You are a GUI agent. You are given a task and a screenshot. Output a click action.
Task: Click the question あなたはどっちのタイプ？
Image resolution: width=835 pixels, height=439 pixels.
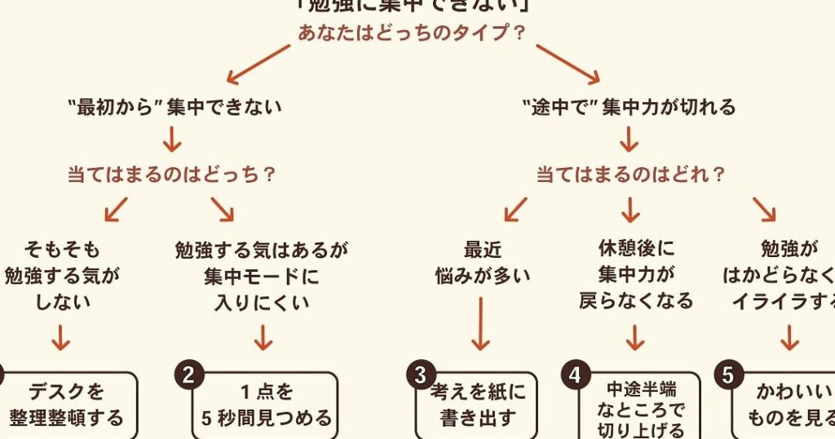(x=411, y=33)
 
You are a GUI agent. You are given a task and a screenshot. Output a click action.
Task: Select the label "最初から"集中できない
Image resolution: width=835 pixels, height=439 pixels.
(x=175, y=106)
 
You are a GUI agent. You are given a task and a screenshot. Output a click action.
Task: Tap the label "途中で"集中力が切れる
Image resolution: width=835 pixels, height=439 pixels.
(x=628, y=106)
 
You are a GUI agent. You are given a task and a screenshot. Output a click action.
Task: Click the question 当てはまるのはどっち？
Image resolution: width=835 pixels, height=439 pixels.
(x=170, y=174)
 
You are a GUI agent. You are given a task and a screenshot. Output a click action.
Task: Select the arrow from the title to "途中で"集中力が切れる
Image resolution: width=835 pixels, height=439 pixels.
(x=568, y=64)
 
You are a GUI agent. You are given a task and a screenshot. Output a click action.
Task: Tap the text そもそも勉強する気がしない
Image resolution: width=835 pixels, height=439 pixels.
(x=62, y=275)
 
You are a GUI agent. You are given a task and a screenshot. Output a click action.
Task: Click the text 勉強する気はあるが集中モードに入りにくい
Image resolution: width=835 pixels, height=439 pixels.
(x=262, y=275)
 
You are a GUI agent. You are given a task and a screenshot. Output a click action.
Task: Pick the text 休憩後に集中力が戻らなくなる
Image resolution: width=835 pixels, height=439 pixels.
(x=636, y=275)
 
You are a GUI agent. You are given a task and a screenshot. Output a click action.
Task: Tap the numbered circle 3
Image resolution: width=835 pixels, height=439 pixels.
(x=421, y=375)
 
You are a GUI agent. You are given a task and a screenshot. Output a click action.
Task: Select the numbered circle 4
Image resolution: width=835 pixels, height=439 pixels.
(x=575, y=375)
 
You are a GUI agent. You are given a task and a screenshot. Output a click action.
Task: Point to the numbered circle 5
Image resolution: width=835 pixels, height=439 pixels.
(x=728, y=375)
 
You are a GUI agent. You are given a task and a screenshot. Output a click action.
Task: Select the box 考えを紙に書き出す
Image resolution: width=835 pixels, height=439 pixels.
(x=478, y=406)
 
